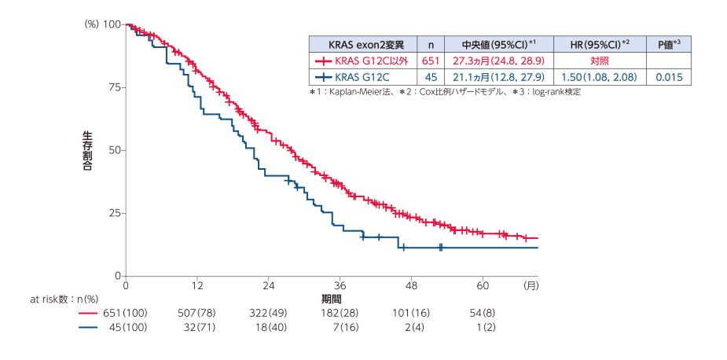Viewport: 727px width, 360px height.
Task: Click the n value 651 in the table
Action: pyautogui.click(x=430, y=61)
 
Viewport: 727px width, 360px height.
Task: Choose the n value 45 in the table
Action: pyautogui.click(x=430, y=77)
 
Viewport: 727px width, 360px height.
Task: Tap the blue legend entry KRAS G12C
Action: pyautogui.click(x=354, y=77)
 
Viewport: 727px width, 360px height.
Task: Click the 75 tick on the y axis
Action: pyautogui.click(x=112, y=87)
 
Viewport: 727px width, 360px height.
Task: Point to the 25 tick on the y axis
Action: pyautogui.click(x=112, y=213)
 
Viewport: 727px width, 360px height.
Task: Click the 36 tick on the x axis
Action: pyautogui.click(x=340, y=284)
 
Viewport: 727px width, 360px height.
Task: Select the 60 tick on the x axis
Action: pyautogui.click(x=483, y=284)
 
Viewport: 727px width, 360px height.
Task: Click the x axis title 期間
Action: pyautogui.click(x=331, y=299)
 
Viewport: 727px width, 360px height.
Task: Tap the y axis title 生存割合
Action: pyautogui.click(x=87, y=150)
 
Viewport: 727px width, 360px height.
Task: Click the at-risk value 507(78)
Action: pyautogui.click(x=197, y=313)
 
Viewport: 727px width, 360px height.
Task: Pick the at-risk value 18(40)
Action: pyautogui.click(x=269, y=327)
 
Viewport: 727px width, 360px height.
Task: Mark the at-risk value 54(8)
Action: pyautogui.click(x=483, y=313)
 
